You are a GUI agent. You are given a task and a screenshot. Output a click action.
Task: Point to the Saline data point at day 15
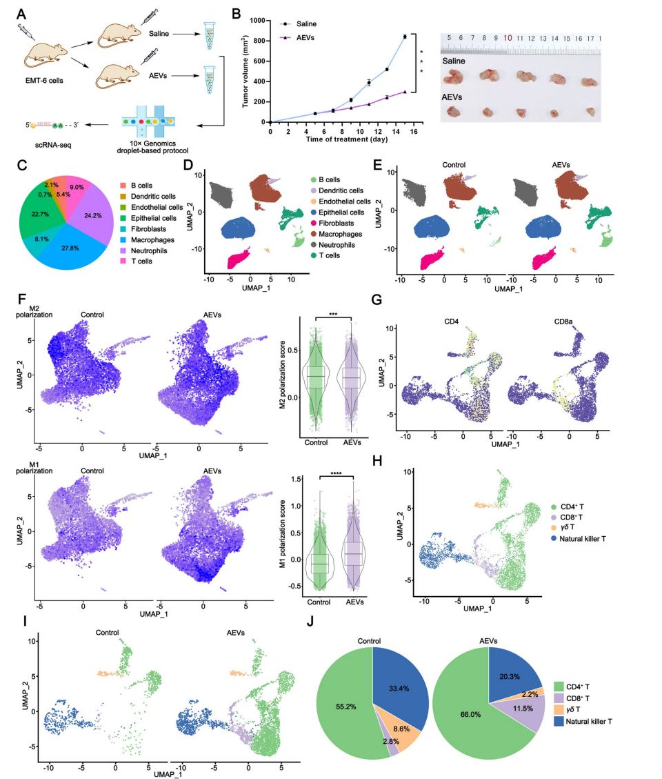tap(405, 37)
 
